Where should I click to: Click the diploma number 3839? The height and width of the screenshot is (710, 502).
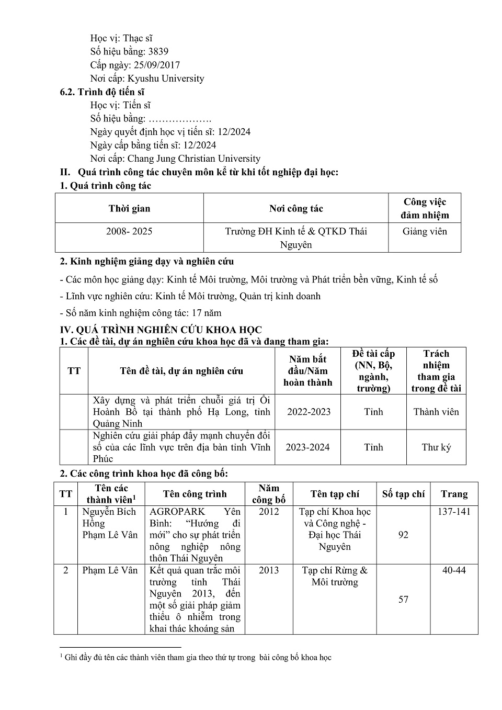click(x=158, y=51)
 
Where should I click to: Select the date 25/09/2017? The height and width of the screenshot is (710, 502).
click(x=157, y=65)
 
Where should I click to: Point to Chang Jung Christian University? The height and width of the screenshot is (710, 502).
click(x=194, y=159)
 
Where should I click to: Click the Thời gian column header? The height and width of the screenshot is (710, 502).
click(x=129, y=208)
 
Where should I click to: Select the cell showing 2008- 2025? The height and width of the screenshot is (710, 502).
click(x=129, y=231)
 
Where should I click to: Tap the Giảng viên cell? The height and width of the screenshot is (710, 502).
click(x=425, y=231)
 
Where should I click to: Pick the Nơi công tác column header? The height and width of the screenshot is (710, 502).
click(x=296, y=208)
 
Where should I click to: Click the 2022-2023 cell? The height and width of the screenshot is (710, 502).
click(x=309, y=412)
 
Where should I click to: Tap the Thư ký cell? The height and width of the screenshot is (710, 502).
click(x=436, y=447)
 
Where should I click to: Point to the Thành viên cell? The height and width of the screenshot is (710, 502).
click(x=436, y=412)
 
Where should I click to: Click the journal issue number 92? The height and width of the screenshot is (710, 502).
click(x=403, y=535)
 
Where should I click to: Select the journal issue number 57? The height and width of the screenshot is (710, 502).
click(x=403, y=599)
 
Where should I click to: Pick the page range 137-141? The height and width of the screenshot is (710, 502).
click(x=454, y=512)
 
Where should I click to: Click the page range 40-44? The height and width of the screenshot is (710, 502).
click(x=454, y=570)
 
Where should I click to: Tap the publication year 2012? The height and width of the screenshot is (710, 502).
click(x=269, y=512)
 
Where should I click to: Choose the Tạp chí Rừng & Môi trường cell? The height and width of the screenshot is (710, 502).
click(x=335, y=576)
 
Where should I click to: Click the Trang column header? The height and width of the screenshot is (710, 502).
click(x=454, y=494)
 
